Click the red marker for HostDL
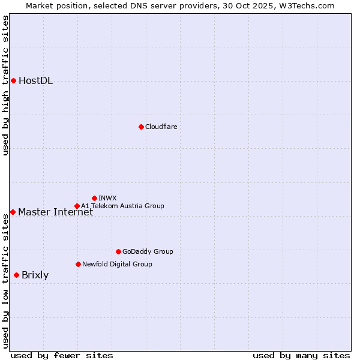tap(13, 80)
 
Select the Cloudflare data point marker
tap(141, 127)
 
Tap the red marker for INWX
tap(94, 198)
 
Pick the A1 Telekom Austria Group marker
tap(77, 206)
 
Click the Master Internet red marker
tap(13, 212)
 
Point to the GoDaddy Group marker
tap(118, 251)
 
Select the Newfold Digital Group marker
tap(78, 264)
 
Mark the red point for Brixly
tap(16, 275)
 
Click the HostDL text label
tap(35, 81)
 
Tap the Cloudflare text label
tap(161, 127)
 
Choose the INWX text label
tap(107, 198)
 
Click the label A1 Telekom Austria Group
tap(122, 206)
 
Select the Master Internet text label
tap(55, 212)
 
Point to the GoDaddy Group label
tap(147, 251)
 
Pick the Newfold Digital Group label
tap(117, 264)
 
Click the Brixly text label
tap(35, 275)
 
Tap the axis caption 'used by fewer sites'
tap(62, 355)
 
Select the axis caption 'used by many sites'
tap(301, 355)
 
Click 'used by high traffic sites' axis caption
tap(5, 85)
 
